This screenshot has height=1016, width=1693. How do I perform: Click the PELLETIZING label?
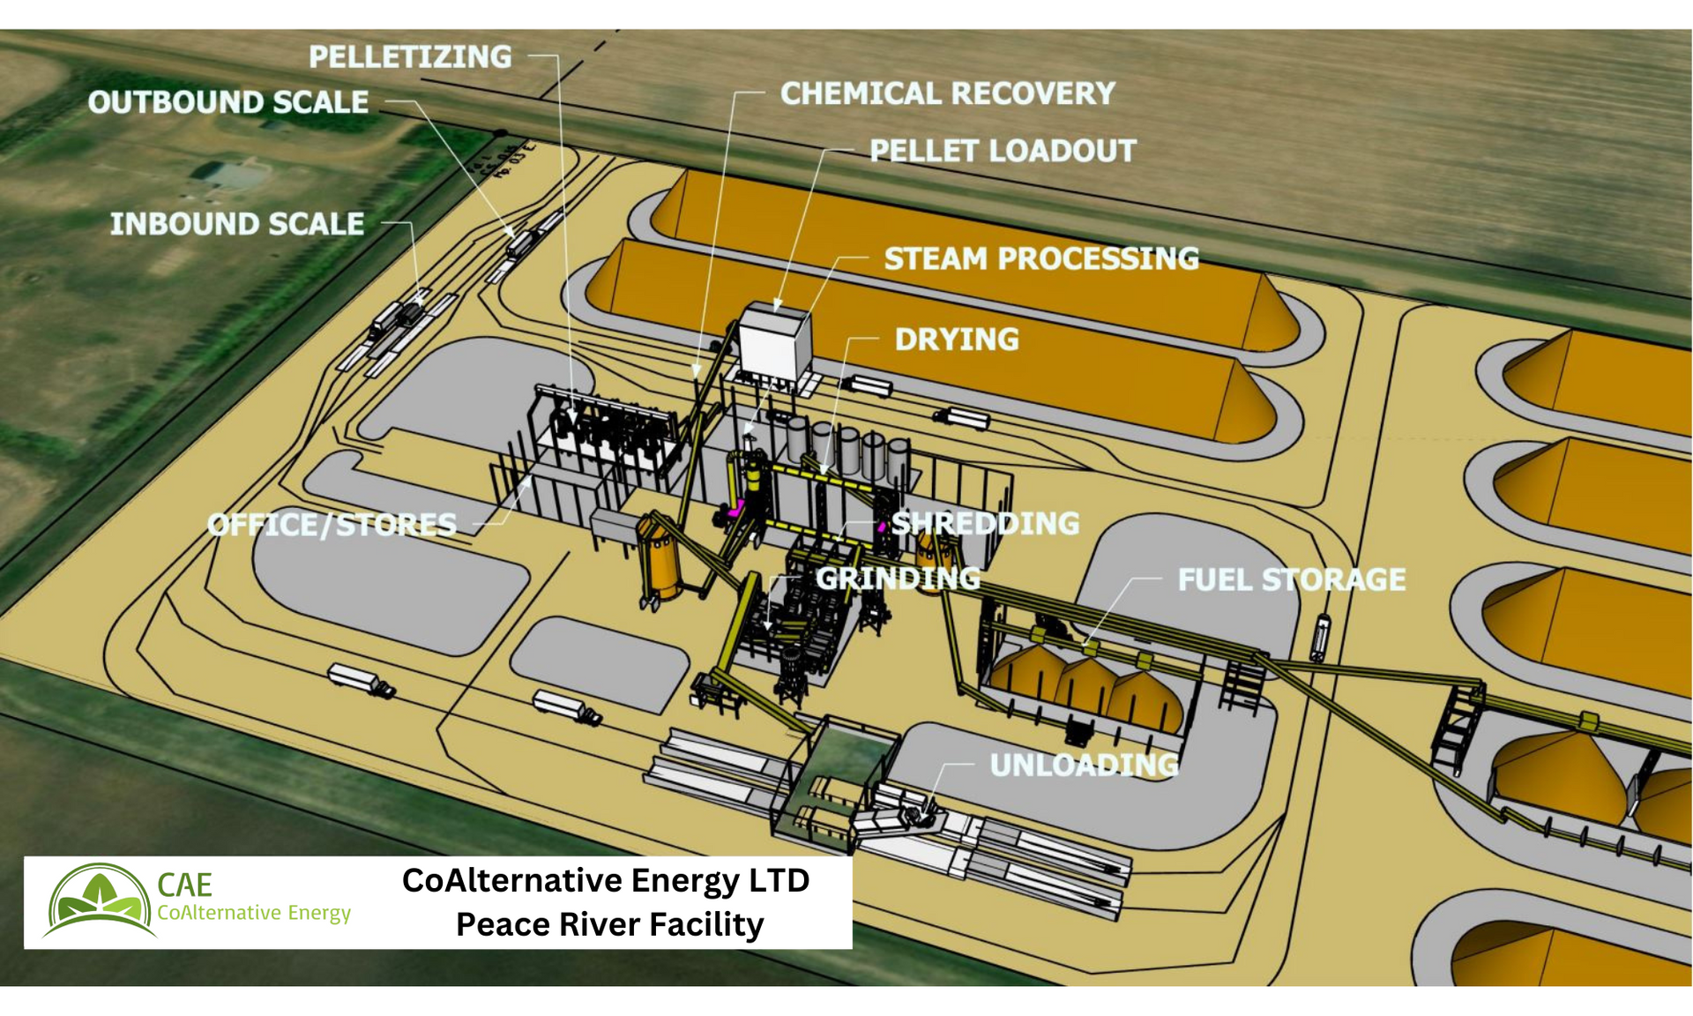410,57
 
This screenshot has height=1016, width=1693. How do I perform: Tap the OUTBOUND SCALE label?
228,102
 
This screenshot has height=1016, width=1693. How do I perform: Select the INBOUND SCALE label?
236,224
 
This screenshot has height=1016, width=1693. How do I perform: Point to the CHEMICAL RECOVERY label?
948,93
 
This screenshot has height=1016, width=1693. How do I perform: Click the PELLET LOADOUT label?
1003,151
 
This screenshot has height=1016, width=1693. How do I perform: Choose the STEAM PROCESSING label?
1041,258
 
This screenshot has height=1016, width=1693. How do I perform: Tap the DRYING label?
957,340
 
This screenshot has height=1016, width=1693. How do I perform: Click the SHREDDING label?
985,523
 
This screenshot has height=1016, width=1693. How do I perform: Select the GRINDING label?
898,579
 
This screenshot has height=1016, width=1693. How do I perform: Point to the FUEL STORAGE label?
1292,579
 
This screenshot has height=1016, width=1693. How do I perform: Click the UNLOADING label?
1084,765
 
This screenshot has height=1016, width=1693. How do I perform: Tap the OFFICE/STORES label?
332,525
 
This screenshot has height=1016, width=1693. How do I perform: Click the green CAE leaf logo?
99,900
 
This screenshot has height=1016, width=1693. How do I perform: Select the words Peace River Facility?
609,924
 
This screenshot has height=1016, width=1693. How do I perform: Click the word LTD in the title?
776,880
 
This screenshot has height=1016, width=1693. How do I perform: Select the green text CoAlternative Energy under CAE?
254,913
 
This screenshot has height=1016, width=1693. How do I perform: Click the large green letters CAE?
184,885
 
